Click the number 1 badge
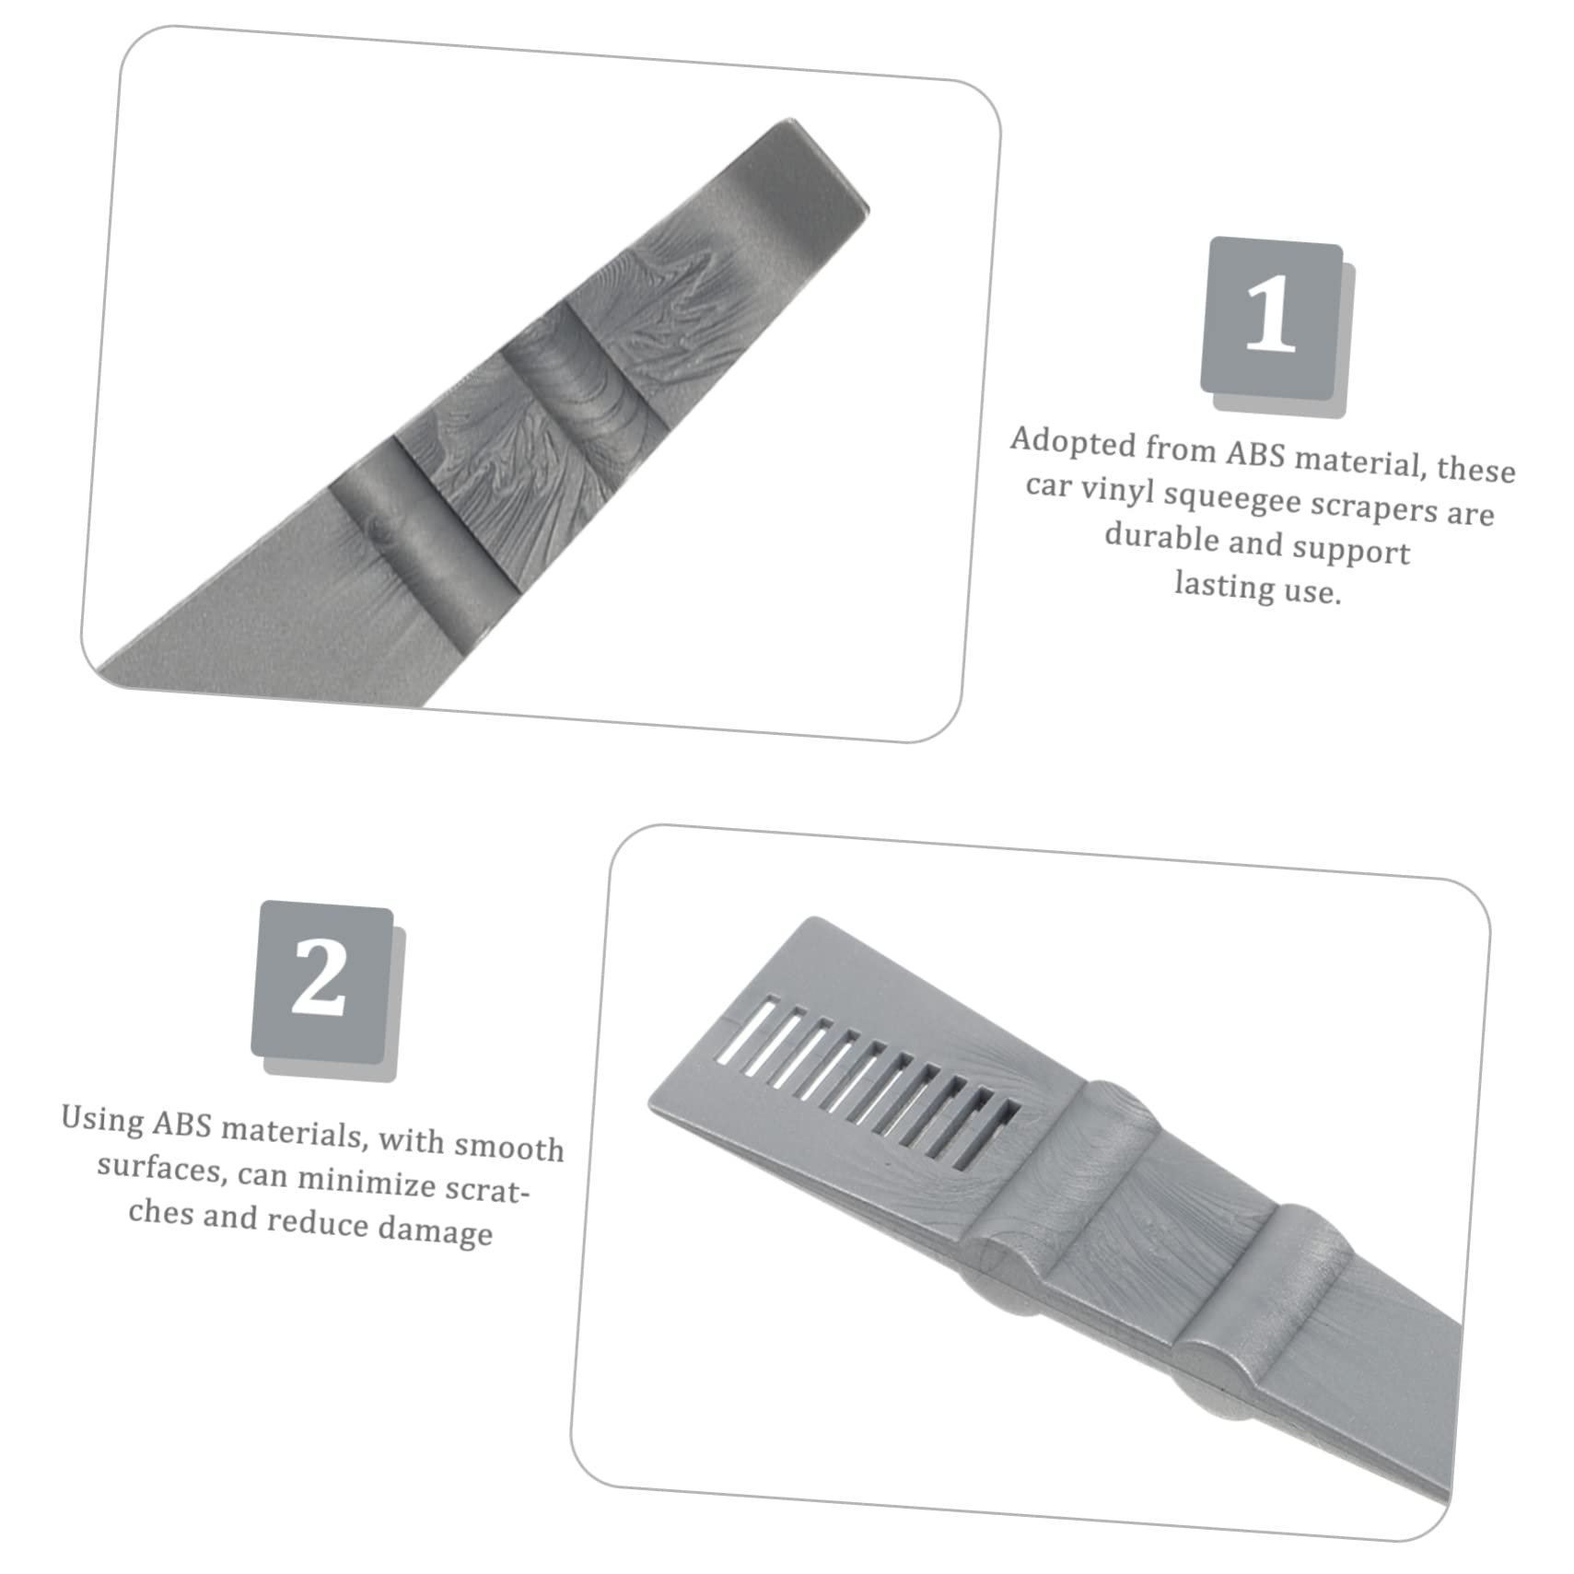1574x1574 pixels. click(x=1271, y=318)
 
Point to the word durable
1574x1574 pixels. click(x=1161, y=537)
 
